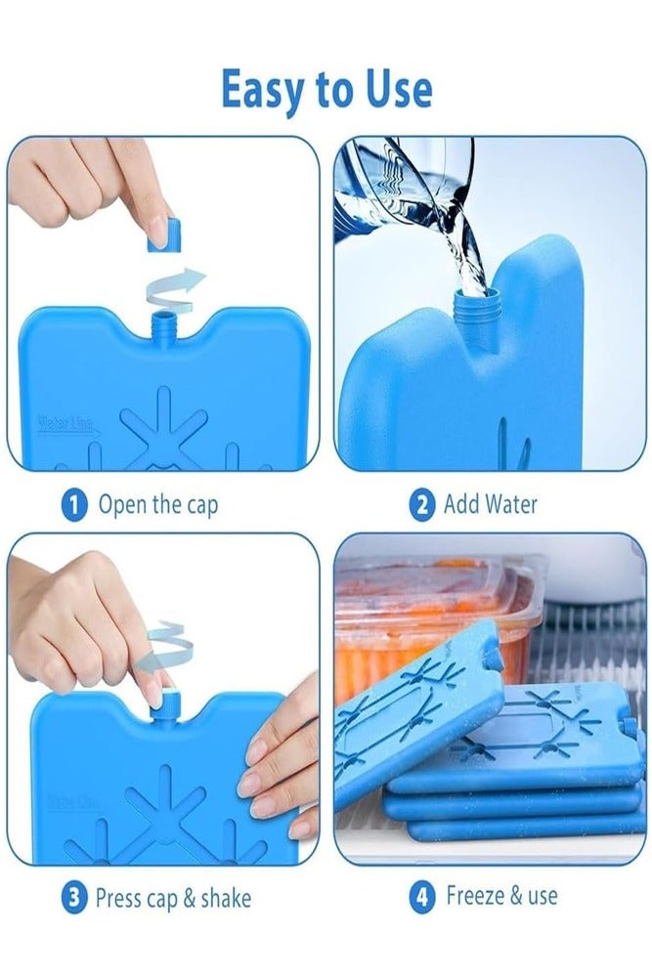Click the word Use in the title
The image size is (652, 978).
coord(399,90)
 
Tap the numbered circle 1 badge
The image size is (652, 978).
coord(73,504)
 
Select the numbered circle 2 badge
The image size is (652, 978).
coord(421,504)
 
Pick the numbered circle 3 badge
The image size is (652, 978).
coord(73,899)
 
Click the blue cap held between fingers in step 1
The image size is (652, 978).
coord(165,235)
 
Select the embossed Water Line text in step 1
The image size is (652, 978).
coord(65,424)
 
